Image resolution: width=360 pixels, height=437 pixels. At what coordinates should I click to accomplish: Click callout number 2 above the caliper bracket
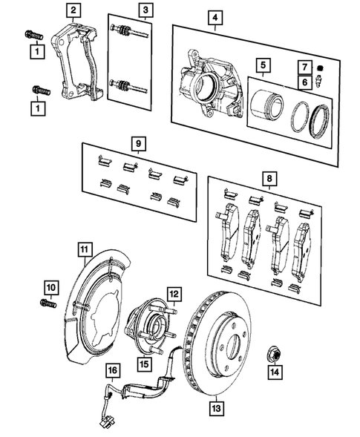73,10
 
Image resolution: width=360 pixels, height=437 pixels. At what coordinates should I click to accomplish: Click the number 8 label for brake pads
269,179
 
